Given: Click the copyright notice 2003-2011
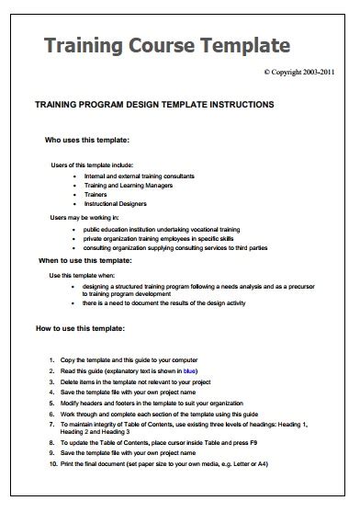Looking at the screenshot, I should tap(304, 71).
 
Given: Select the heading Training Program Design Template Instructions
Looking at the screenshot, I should tap(153, 105).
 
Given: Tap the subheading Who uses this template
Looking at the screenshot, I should tap(87, 141).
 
